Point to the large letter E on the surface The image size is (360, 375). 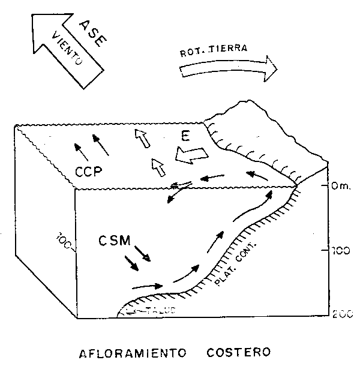pyautogui.click(x=187, y=137)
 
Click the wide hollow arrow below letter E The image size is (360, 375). pyautogui.click(x=190, y=155)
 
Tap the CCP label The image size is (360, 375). pyautogui.click(x=89, y=172)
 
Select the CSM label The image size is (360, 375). pyautogui.click(x=115, y=242)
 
